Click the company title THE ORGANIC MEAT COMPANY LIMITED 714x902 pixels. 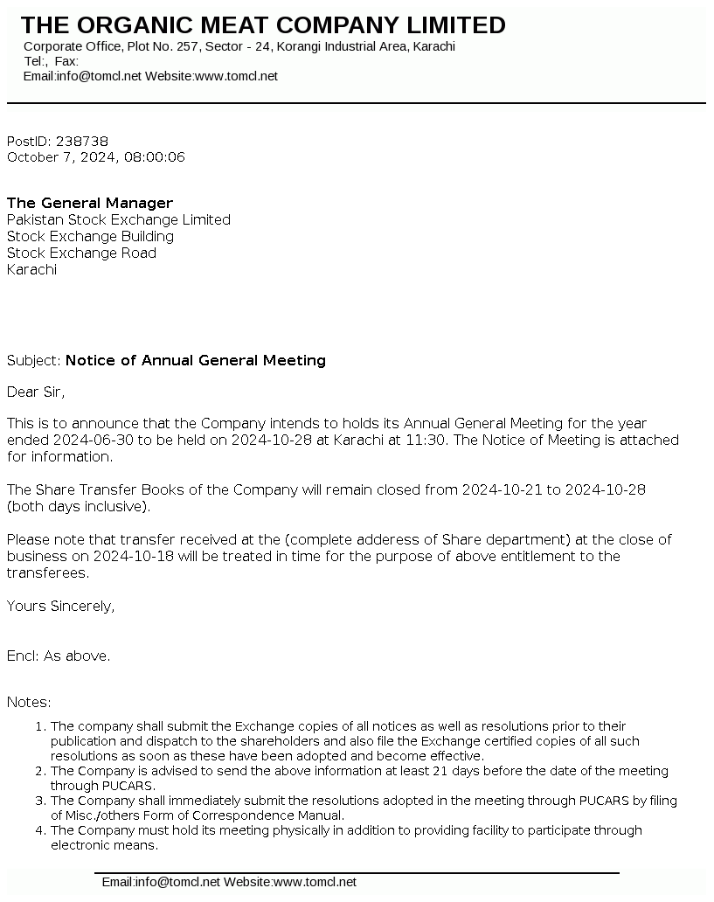[263, 25]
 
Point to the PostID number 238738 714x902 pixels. [82, 142]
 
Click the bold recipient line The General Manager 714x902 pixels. [90, 204]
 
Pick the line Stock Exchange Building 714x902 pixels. [90, 237]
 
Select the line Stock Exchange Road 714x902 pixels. [81, 253]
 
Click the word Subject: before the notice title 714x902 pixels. [34, 361]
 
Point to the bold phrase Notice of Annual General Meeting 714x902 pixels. [196, 361]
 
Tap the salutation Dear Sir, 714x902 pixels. [36, 392]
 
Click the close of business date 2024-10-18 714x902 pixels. [132, 557]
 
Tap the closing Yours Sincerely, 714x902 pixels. [60, 607]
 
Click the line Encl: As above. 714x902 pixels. [59, 656]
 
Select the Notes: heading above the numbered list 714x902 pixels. [29, 703]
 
